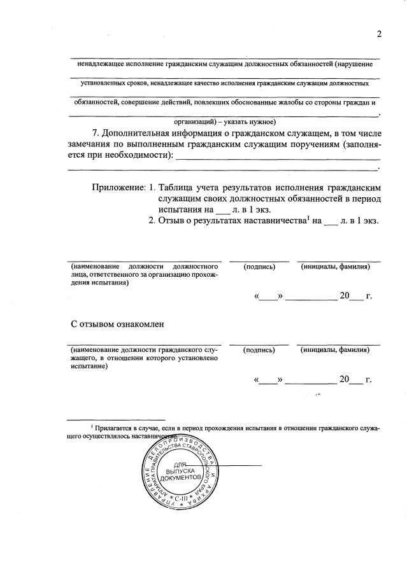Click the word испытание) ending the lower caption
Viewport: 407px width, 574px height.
point(86,367)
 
